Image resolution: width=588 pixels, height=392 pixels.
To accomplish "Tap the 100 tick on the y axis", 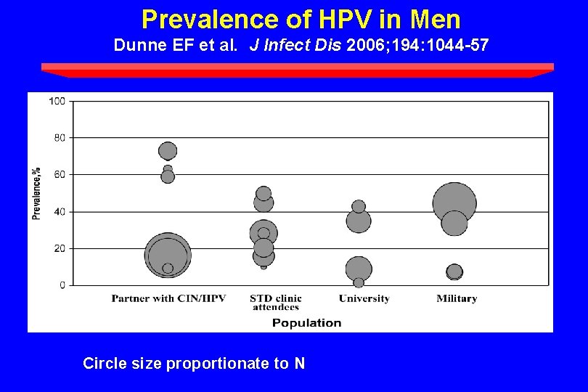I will [x=57, y=101].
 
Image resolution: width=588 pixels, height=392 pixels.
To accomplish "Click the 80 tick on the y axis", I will [x=59, y=138].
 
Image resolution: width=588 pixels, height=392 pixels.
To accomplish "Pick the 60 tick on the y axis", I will [x=59, y=175].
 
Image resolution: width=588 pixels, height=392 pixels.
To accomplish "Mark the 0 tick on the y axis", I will [x=62, y=285].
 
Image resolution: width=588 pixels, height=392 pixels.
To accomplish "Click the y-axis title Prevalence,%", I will [x=36, y=193].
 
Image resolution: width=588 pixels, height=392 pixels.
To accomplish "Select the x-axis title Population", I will [x=306, y=323].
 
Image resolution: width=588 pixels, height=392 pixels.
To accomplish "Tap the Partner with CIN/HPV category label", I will [x=168, y=298].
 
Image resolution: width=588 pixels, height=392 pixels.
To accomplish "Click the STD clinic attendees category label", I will [x=275, y=302].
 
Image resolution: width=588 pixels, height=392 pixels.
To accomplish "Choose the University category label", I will [x=364, y=298].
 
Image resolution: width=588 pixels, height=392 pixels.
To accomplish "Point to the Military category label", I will [x=457, y=298].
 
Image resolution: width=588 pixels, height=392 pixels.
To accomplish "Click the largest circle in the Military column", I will [x=454, y=204].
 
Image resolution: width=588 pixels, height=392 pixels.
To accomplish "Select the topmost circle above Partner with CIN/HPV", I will [x=168, y=151].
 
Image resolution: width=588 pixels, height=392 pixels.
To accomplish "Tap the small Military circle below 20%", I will [x=454, y=271].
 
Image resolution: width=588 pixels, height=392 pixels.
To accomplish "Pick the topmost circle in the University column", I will [x=359, y=206].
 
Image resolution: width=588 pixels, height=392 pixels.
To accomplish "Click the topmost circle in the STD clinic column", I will [x=264, y=194].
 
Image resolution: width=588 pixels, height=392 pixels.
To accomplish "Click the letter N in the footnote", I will [x=300, y=364].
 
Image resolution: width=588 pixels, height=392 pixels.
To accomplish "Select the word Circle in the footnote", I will [x=102, y=364].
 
